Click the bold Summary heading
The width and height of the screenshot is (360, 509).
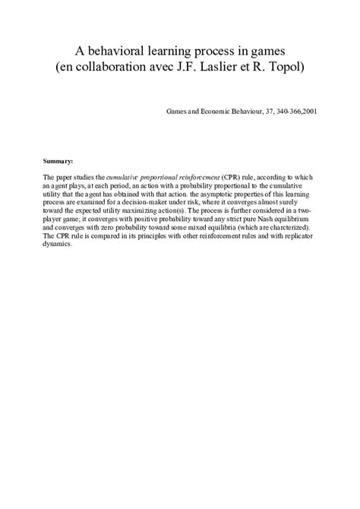click(58, 161)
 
